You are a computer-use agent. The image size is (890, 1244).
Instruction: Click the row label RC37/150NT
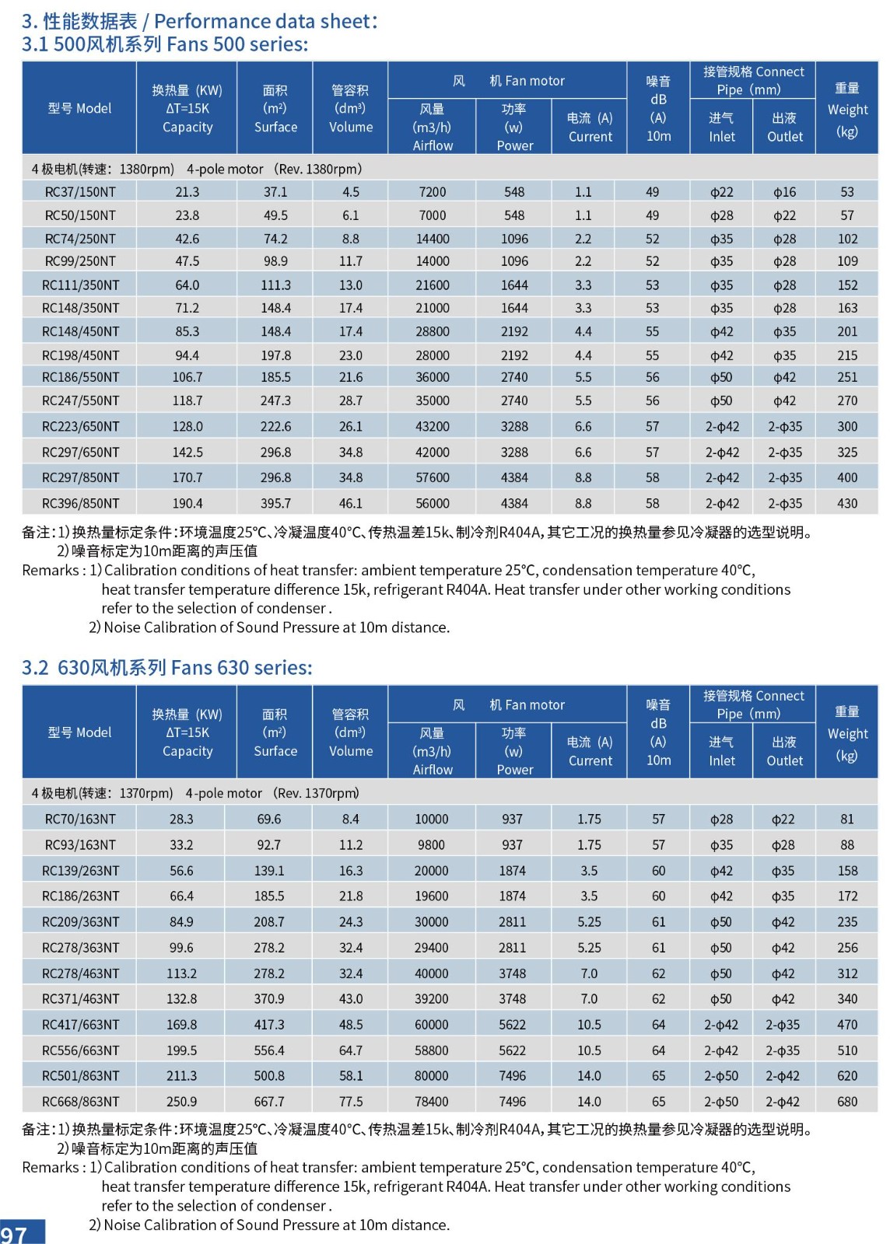(x=80, y=192)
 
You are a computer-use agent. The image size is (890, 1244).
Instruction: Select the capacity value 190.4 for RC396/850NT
(x=187, y=504)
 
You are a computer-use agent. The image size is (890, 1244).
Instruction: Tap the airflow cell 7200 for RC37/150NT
(x=433, y=192)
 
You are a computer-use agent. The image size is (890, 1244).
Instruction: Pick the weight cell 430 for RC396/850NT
(x=847, y=504)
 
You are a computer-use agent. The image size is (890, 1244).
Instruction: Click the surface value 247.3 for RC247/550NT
(x=275, y=401)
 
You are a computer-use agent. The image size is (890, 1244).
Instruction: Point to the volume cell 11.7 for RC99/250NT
(x=351, y=261)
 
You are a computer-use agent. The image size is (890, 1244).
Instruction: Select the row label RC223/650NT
(x=80, y=427)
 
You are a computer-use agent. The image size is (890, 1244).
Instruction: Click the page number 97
(x=15, y=1234)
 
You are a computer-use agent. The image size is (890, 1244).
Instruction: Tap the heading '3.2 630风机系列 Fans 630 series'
(x=167, y=668)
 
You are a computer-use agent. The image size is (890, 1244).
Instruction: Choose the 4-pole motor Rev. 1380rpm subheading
(x=197, y=169)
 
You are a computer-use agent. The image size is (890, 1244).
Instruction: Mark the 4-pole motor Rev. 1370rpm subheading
(x=195, y=793)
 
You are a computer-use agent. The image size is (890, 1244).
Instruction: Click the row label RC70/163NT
(x=80, y=819)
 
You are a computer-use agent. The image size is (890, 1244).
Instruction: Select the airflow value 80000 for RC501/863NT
(x=432, y=1076)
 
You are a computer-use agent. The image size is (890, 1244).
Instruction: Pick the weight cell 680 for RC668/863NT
(x=847, y=1102)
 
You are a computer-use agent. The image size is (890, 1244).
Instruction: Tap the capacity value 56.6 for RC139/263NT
(x=181, y=871)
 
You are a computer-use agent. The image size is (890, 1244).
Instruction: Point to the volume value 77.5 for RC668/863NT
(x=351, y=1102)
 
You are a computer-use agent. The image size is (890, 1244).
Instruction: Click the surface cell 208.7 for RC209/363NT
(x=269, y=922)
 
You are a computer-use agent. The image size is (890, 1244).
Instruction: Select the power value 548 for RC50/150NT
(x=514, y=215)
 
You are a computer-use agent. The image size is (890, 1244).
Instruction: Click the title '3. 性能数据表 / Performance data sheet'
(x=200, y=21)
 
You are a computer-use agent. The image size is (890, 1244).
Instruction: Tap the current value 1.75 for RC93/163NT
(x=589, y=845)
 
